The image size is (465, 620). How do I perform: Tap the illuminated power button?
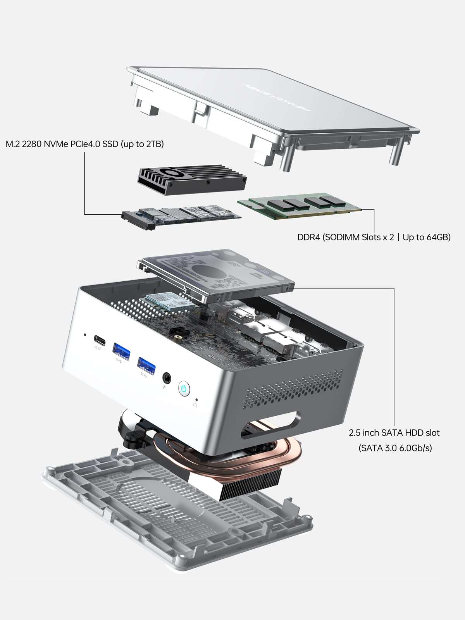184,388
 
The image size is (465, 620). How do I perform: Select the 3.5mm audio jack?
167,377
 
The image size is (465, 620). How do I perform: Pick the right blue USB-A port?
146,364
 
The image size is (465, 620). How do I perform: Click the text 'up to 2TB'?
142,144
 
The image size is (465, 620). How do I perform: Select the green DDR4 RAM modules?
298,205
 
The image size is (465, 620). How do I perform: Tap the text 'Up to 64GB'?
426,237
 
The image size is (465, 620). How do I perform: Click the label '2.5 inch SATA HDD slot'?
394,433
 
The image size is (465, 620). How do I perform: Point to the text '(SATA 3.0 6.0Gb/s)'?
395,448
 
